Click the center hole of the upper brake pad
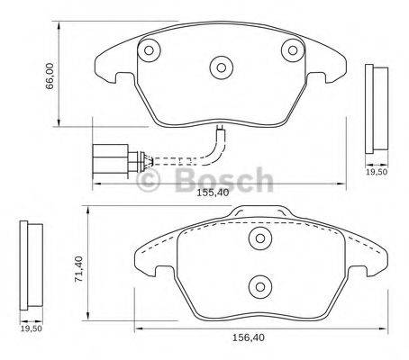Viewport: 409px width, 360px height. tap(221, 66)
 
